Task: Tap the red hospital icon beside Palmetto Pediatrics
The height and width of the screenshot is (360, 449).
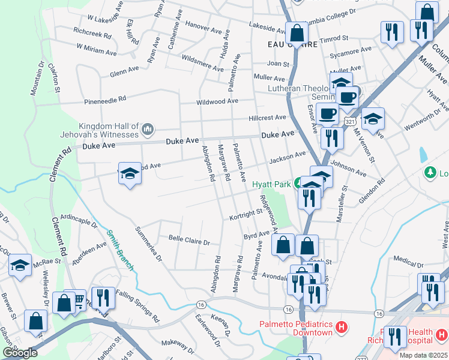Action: coord(341,328)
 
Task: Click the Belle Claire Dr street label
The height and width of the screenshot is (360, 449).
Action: coord(188,242)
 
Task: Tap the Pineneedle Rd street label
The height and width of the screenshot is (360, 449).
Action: coord(105,99)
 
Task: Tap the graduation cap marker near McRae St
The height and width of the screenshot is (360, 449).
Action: coord(20,265)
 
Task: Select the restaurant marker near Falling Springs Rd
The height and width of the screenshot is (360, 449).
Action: coord(103,298)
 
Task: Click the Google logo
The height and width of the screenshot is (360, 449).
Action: coord(20,353)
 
